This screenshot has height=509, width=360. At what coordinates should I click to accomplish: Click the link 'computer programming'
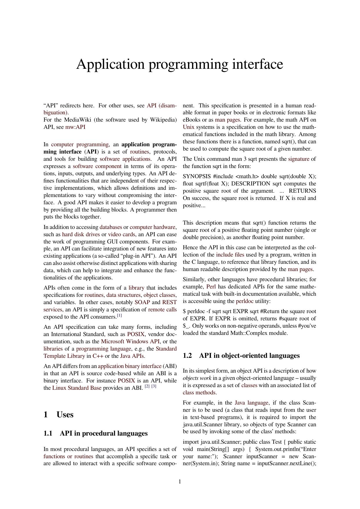pos(80,145)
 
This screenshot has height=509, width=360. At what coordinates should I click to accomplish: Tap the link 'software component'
pos(97,166)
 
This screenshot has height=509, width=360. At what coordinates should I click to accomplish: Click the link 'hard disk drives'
pos(81,234)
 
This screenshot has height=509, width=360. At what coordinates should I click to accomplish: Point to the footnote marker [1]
pos(119,315)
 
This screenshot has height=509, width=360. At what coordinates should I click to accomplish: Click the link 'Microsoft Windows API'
pos(130,342)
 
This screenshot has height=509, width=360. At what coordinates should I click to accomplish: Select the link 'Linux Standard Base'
pos(77,388)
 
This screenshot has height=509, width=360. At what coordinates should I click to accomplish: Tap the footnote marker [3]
pos(154,387)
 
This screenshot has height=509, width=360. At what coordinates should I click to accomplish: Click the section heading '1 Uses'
pos(58,415)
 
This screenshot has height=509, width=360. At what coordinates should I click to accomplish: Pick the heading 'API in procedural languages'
pos(104,433)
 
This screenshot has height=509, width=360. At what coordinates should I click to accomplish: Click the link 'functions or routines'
pos(68,456)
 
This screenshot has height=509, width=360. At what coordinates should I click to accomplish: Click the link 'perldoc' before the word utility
pos(245,301)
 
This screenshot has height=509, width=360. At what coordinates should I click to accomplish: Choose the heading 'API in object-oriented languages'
pos(249,356)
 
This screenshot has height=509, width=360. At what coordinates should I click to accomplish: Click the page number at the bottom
pos(180,482)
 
